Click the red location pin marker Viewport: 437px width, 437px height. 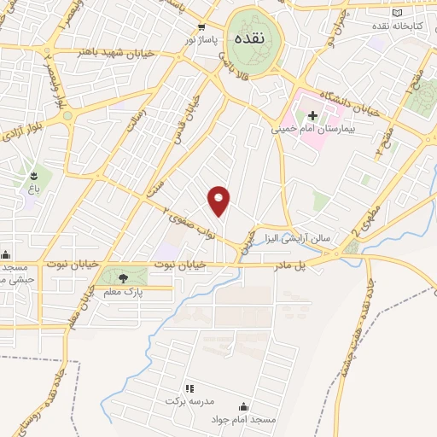pyautogui.click(x=219, y=200)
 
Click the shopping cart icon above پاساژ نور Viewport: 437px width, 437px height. pyautogui.click(x=202, y=26)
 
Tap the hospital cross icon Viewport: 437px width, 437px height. pyautogui.click(x=312, y=116)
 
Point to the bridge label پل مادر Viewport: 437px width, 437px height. pyautogui.click(x=313, y=265)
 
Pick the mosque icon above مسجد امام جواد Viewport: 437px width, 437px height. pyautogui.click(x=247, y=408)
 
